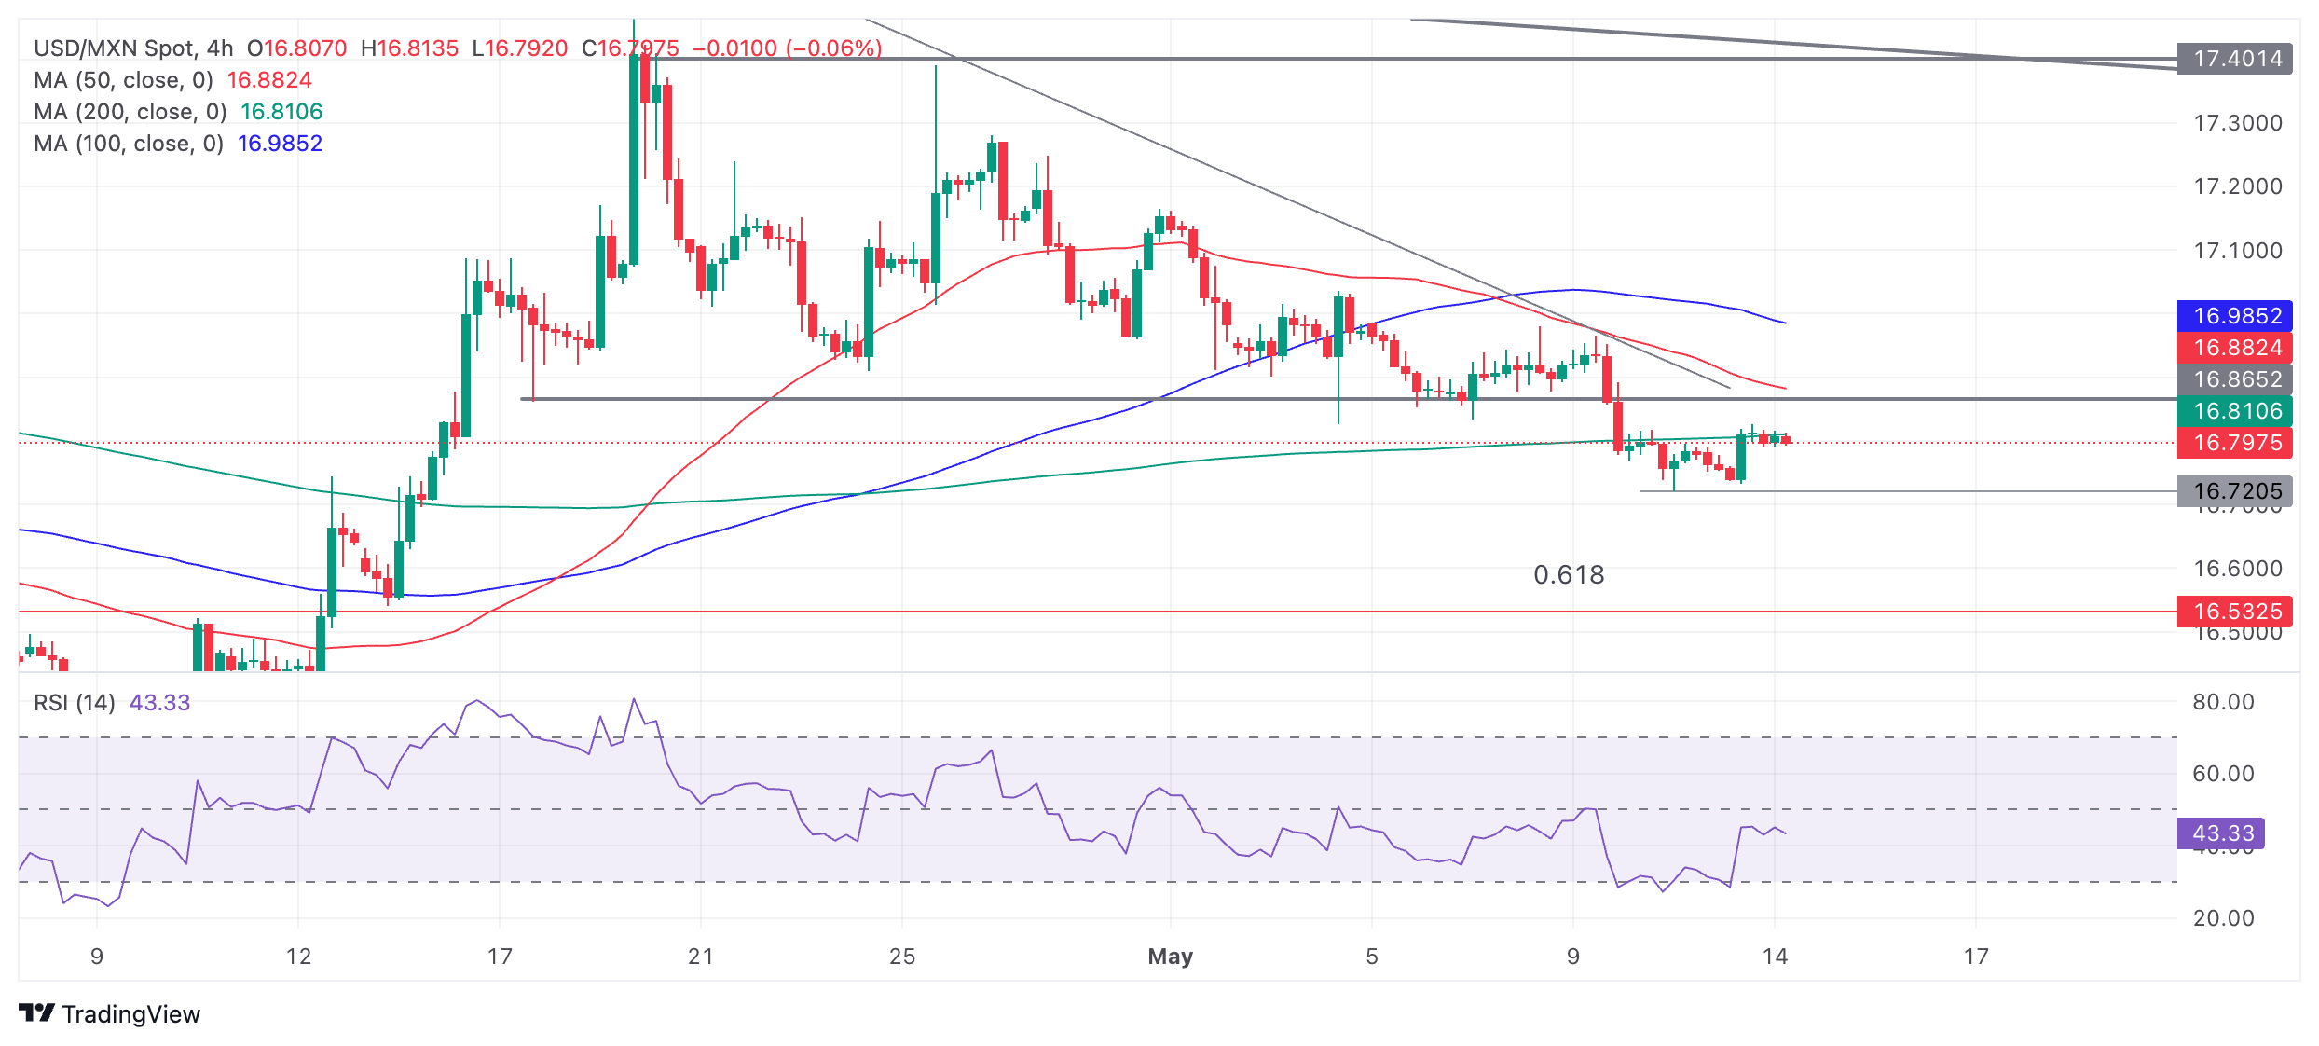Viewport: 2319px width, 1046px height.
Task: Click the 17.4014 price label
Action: [2236, 59]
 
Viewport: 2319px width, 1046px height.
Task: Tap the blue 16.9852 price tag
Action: [2236, 316]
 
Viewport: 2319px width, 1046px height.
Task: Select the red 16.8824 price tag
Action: [2236, 348]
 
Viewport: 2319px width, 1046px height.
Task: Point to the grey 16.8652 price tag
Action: [2236, 379]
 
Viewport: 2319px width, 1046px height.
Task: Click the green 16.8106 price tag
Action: [2236, 411]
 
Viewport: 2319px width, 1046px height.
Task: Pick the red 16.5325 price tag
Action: [2236, 612]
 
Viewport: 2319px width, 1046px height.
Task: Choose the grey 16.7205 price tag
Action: [2236, 491]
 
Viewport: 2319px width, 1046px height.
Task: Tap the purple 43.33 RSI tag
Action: [2222, 833]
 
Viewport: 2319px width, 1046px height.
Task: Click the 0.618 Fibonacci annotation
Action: [1569, 575]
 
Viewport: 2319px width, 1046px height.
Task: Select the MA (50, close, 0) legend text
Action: [123, 80]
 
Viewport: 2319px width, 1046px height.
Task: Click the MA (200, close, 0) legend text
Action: [130, 112]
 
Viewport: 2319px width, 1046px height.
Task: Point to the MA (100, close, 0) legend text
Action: [129, 144]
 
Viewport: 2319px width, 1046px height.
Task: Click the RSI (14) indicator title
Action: [75, 703]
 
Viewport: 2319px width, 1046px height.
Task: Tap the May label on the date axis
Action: [1170, 957]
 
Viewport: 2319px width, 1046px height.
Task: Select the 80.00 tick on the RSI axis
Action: [2223, 702]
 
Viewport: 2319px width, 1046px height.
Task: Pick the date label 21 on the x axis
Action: [701, 957]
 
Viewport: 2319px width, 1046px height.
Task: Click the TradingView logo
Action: [110, 1014]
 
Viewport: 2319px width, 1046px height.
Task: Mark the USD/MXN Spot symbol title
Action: [115, 48]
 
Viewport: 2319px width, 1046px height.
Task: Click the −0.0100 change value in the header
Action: [734, 48]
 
